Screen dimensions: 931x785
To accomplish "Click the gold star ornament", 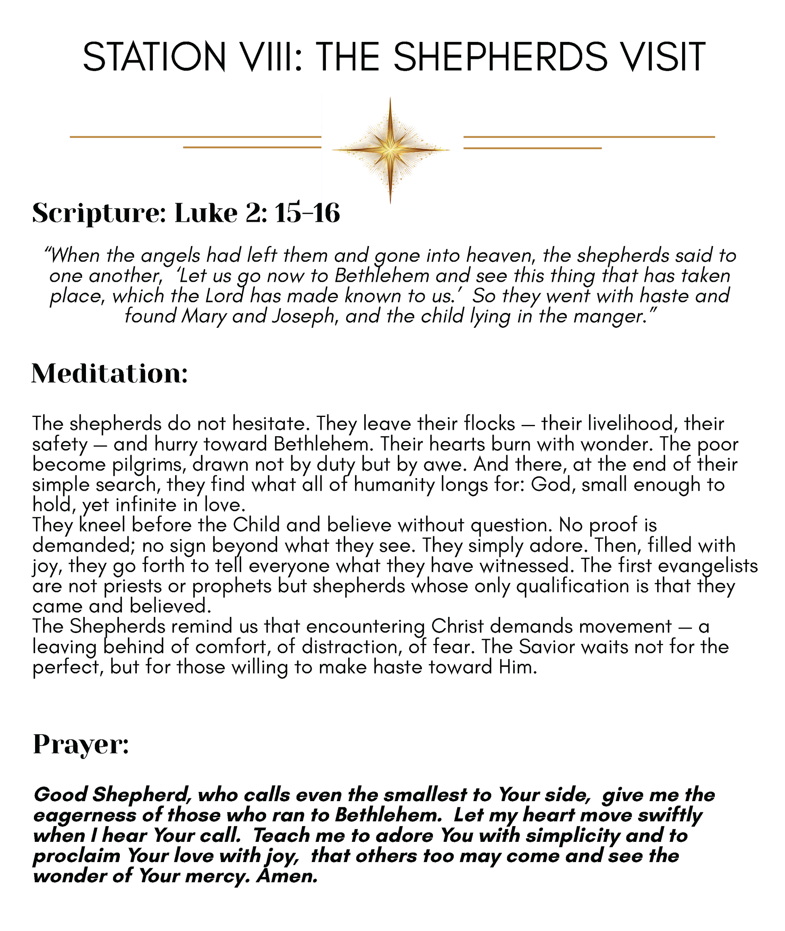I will pyautogui.click(x=390, y=150).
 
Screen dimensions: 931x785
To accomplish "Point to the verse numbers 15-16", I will pyautogui.click(x=307, y=212).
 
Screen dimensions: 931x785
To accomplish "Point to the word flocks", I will pyautogui.click(x=489, y=423).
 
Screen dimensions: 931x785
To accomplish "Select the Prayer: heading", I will pyautogui.click(x=81, y=744).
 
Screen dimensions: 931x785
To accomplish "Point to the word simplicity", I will pyautogui.click(x=572, y=836).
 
